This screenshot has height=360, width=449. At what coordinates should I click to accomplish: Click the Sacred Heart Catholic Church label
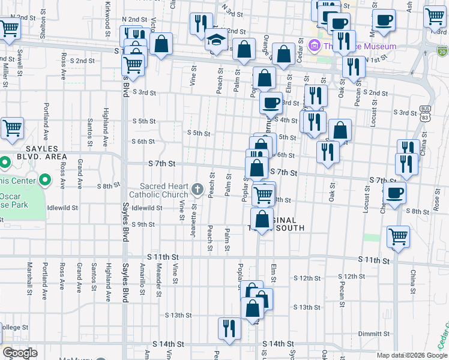click(164, 190)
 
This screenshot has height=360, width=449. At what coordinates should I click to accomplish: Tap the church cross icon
click(197, 190)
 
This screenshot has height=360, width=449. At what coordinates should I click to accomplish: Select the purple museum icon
click(313, 46)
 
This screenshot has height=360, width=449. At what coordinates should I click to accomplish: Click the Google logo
click(20, 353)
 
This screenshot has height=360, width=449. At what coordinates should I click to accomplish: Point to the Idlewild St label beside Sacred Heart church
click(147, 208)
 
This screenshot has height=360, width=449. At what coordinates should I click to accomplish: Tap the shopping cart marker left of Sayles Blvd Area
click(11, 128)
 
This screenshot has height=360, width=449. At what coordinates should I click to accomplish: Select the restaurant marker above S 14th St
click(229, 328)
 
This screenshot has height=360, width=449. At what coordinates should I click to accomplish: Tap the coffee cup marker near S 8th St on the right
click(394, 193)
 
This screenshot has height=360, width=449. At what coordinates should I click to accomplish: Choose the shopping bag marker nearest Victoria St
click(161, 44)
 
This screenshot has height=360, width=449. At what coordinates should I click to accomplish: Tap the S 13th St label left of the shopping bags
click(178, 315)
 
